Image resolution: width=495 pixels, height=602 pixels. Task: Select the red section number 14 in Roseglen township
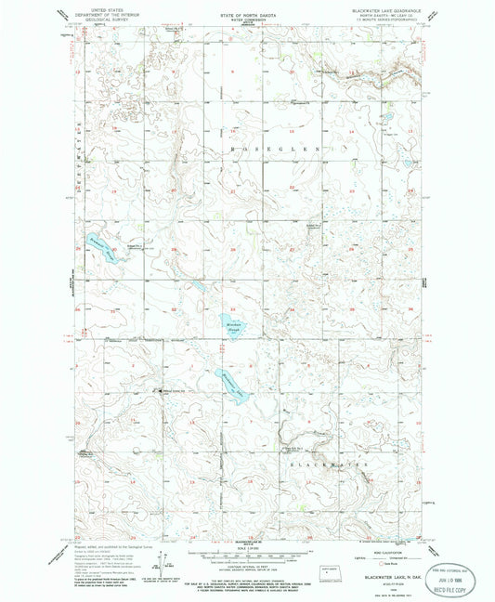click(350, 133)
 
